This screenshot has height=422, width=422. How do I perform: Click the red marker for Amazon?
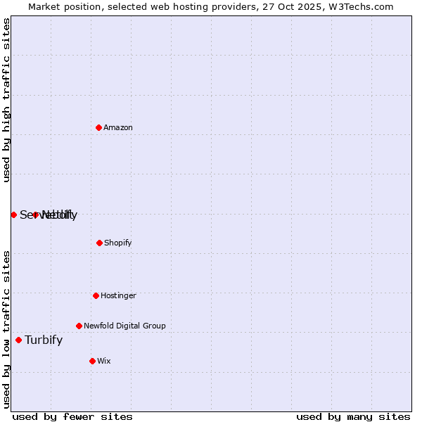pos(99,127)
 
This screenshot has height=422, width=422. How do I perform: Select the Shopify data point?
pos(99,243)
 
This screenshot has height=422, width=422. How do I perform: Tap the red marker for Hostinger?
pos(96,295)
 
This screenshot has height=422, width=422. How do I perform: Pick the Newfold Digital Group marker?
pos(79,326)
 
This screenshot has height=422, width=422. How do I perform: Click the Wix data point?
pos(92,361)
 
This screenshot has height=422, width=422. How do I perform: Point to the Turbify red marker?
pos(18,340)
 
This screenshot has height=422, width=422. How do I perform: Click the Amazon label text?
pos(118,127)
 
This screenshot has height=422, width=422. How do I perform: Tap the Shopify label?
pos(118,243)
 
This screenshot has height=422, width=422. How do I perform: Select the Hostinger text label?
pos(118,295)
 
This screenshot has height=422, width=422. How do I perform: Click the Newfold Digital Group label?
pos(124,326)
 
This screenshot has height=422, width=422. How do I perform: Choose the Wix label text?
pos(104,361)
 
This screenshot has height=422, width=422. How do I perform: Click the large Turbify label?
pos(44,340)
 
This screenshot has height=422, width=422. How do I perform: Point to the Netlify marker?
pos(35,215)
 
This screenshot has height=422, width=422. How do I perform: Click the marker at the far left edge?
pos(13,215)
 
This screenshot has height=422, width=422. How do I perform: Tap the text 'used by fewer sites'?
pos(72,416)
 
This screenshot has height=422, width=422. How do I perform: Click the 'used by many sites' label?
pos(353,416)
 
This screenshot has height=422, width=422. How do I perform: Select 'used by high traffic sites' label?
pos(6,100)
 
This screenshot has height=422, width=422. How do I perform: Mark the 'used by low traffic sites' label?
pos(6,329)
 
